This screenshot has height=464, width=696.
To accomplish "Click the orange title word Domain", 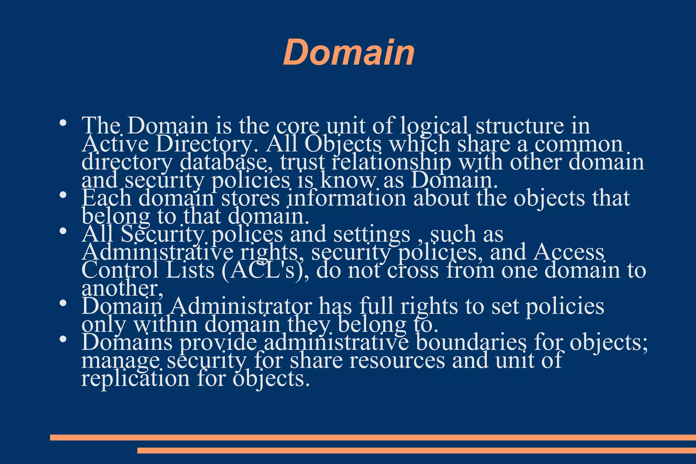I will (349, 53).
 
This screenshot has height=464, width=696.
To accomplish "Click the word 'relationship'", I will (391, 162).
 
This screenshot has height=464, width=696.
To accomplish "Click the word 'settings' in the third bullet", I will (371, 234).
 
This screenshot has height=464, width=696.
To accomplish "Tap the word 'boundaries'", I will (471, 342).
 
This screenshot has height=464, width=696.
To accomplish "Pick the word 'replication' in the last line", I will (135, 378).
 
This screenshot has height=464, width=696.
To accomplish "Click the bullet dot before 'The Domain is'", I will (62, 123).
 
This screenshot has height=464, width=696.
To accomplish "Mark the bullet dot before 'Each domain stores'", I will (62, 195).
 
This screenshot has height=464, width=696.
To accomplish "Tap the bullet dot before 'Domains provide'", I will (62, 340).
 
